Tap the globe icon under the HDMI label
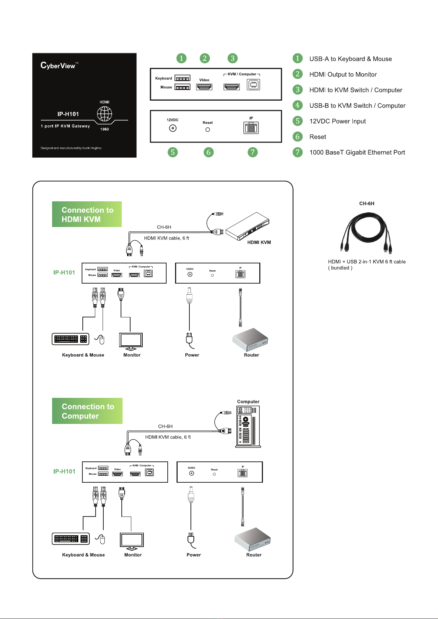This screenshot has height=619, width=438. (x=104, y=114)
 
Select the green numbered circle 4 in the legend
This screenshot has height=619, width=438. (x=298, y=105)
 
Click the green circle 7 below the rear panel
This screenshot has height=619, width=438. (x=253, y=152)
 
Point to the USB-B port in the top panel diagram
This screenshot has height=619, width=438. (x=253, y=85)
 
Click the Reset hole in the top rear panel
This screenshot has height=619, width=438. (x=208, y=130)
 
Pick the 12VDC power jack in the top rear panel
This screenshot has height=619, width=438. (x=172, y=128)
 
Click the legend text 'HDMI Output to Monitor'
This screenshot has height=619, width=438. (x=343, y=75)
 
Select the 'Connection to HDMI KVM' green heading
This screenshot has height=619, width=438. (x=87, y=215)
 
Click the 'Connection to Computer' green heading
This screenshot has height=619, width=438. (x=87, y=411)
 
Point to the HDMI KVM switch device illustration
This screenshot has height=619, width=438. (x=247, y=226)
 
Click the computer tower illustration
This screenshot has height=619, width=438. (x=248, y=427)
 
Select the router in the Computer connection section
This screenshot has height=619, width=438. (x=253, y=539)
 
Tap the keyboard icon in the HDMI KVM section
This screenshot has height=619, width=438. (x=71, y=339)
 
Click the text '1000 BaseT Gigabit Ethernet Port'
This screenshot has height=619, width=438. (x=357, y=152)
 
